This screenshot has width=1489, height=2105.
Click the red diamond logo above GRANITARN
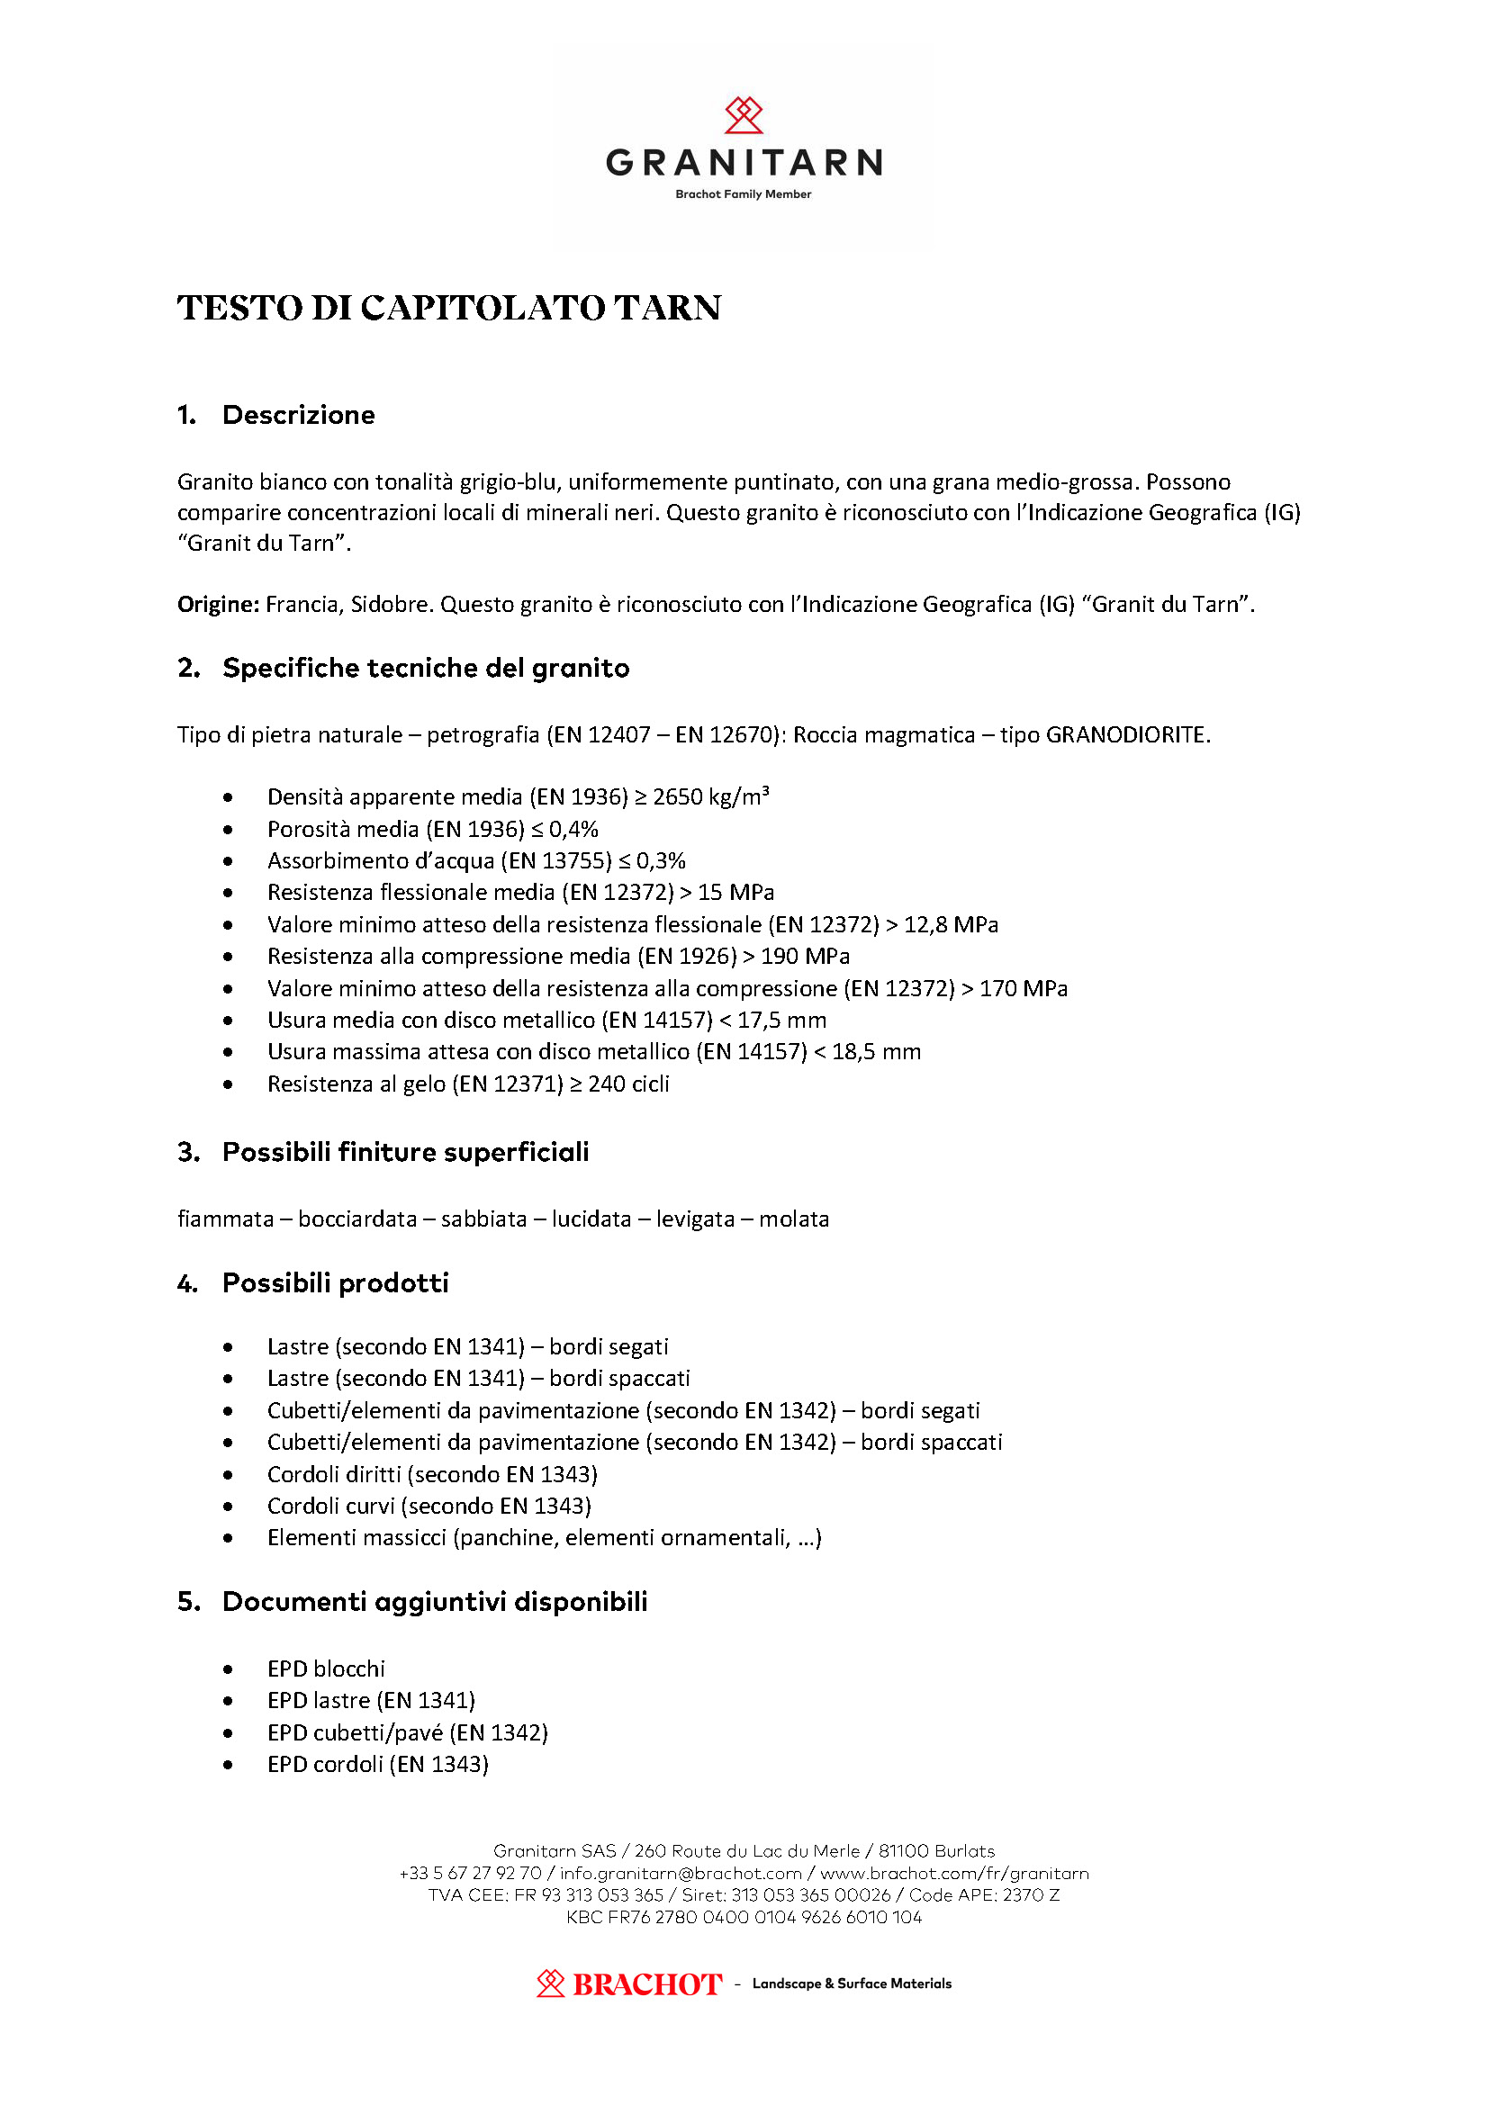pyautogui.click(x=744, y=115)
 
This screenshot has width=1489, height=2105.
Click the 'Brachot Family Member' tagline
pyautogui.click(x=744, y=194)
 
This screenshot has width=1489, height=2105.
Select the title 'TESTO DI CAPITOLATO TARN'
pyautogui.click(x=449, y=308)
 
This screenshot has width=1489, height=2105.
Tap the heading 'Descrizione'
pyautogui.click(x=299, y=415)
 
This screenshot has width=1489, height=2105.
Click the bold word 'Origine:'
pyautogui.click(x=218, y=604)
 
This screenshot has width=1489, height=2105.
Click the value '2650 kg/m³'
pyautogui.click(x=710, y=796)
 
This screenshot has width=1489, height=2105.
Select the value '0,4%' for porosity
pyautogui.click(x=574, y=829)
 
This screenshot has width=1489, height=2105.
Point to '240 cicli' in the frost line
pyautogui.click(x=629, y=1084)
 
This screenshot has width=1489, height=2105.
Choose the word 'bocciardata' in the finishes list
pyautogui.click(x=357, y=1219)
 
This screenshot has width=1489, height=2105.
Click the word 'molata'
pyautogui.click(x=794, y=1219)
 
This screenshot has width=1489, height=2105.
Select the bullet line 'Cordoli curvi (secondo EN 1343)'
pyautogui.click(x=429, y=1506)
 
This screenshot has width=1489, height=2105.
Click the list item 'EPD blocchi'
pyautogui.click(x=327, y=1669)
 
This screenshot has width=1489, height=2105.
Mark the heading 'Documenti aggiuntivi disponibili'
pyautogui.click(x=435, y=1602)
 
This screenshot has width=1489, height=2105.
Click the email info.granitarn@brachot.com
pyautogui.click(x=681, y=1873)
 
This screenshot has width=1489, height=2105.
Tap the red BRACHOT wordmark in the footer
pyautogui.click(x=647, y=1984)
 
